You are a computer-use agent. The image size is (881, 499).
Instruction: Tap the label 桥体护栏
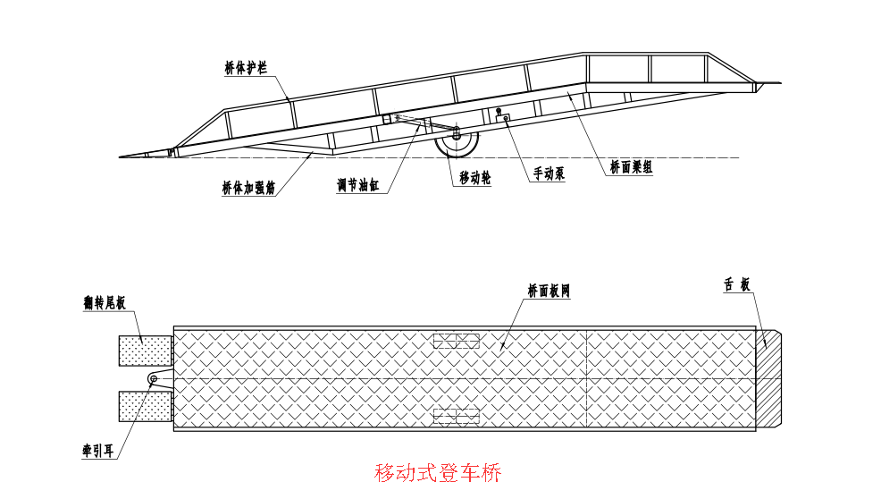click(246, 68)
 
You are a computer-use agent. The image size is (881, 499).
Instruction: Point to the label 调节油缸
click(357, 185)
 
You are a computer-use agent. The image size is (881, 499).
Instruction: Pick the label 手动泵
click(549, 173)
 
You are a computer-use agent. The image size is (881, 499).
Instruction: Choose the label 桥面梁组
click(631, 166)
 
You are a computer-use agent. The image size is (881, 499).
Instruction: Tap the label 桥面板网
click(548, 291)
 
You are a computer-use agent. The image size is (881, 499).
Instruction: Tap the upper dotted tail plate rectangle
click(146, 351)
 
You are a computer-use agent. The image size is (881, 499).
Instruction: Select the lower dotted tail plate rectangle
click(146, 406)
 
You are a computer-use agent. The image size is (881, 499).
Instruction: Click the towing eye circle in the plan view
click(154, 379)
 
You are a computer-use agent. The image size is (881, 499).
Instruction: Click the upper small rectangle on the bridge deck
click(456, 341)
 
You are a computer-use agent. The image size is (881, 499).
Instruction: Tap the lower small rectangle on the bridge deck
click(456, 416)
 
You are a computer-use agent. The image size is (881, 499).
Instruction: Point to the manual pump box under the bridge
click(503, 117)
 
